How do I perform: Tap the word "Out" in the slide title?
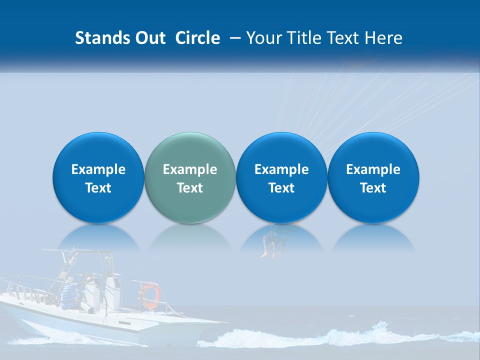[x=149, y=38]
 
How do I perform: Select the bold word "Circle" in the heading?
[x=197, y=38]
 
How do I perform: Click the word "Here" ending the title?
[x=383, y=38]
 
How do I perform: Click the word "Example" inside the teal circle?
[x=190, y=169]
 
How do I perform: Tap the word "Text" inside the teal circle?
[x=190, y=188]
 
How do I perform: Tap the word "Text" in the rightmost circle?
[x=373, y=188]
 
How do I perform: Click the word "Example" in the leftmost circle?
[x=98, y=169]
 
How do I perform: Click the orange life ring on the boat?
[x=149, y=295]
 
